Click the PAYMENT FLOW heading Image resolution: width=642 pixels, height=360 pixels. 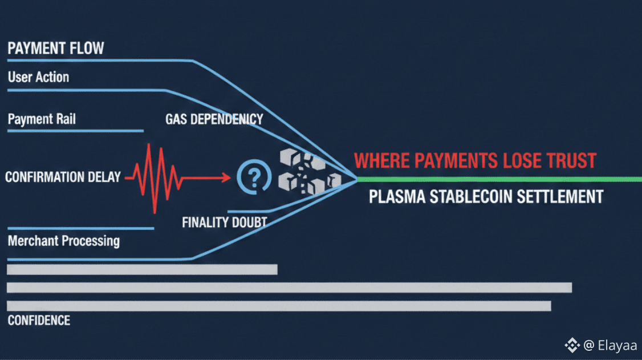56,48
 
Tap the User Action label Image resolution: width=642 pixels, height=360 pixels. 38,77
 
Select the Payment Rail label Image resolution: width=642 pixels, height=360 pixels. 42,119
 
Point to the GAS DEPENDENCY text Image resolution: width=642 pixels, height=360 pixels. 214,119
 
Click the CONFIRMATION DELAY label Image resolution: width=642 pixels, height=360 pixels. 63,177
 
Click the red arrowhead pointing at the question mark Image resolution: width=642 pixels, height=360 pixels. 227,179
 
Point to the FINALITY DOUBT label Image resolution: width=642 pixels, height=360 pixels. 224,223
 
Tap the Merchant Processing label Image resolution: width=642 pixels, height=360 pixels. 64,240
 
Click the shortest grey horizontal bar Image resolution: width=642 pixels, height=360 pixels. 142,269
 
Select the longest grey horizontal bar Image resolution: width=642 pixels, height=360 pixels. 289,288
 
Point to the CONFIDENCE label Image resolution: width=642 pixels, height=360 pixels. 39,320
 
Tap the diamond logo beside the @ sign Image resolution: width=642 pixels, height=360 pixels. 571,345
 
